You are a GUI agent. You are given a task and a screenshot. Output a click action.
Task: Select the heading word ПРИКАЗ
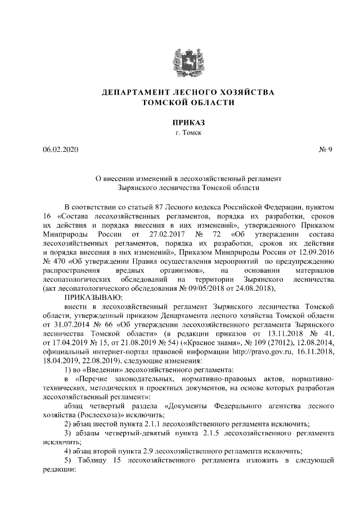(179, 122)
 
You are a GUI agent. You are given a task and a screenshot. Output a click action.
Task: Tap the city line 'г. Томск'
(179, 133)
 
